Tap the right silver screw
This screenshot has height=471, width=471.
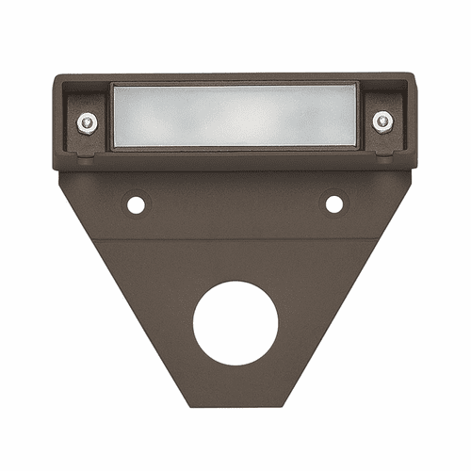[x=382, y=121]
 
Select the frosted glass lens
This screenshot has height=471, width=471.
[x=235, y=116]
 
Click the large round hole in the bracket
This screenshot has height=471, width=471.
[x=235, y=323]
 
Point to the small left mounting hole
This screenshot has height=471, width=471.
[x=136, y=203]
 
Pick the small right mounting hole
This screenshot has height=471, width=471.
[x=334, y=203]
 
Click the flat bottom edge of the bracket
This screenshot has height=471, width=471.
[x=235, y=405]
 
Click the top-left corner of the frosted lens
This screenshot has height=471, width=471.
[x=113, y=85]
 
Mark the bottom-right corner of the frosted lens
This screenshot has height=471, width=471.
[x=358, y=147]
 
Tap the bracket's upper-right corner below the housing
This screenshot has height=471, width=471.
[x=409, y=173]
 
